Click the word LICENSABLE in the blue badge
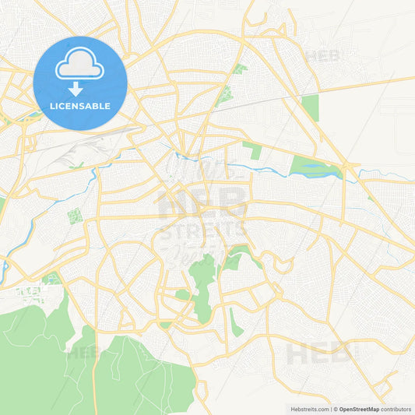pos(80,106)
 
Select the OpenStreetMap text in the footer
pos(359,409)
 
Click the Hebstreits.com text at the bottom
pos(309,409)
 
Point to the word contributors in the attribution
pos(396,409)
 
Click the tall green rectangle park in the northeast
pos(311,107)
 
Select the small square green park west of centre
pos(75,216)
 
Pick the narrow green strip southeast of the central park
pos(236,322)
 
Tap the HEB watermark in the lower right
pos(318,354)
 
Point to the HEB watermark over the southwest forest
pos(83,352)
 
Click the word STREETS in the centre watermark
pos(203,230)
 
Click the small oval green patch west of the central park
pos(182,294)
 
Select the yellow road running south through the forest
pos(95,374)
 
